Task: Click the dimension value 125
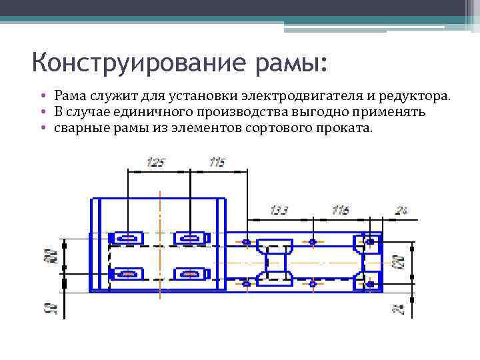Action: [x=155, y=162]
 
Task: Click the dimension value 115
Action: [x=217, y=162]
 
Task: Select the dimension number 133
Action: [x=279, y=211]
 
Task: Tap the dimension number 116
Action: [x=340, y=211]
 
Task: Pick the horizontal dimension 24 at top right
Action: [x=401, y=211]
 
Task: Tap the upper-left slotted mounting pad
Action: [x=127, y=237]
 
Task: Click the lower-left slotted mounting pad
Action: [x=127, y=273]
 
